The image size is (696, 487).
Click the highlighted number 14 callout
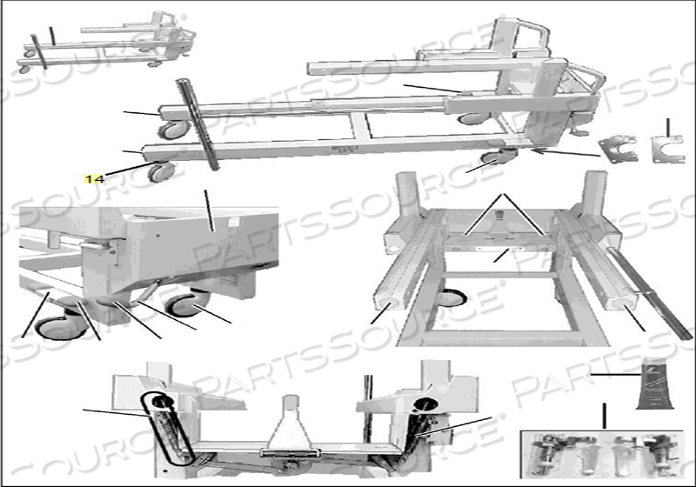[94, 179]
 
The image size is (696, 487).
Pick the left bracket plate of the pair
[620, 149]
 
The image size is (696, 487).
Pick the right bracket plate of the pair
[666, 148]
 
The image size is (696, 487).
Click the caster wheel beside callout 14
[160, 171]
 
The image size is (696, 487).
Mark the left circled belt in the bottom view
[165, 426]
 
